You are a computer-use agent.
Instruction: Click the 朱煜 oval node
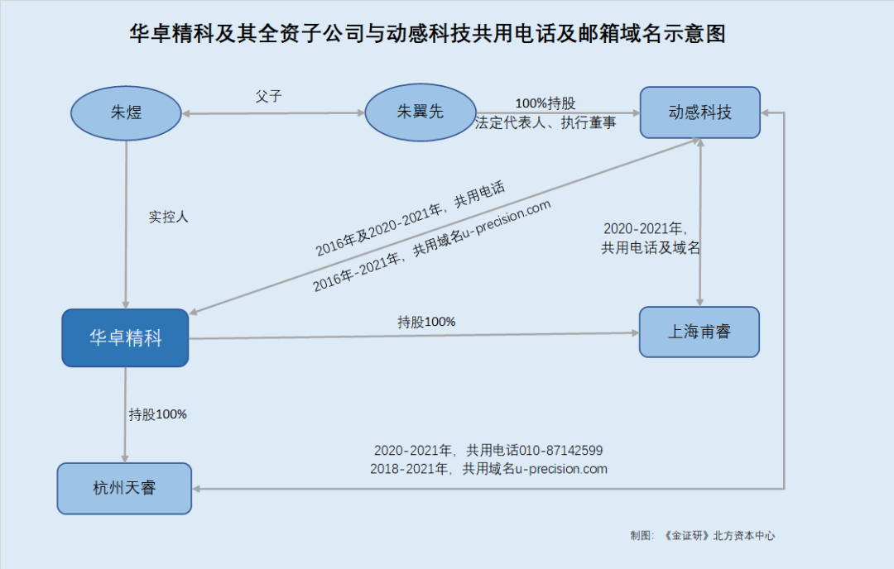pyautogui.click(x=126, y=112)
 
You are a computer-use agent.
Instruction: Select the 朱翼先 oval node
pyautogui.click(x=421, y=112)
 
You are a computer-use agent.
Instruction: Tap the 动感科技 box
pyautogui.click(x=700, y=112)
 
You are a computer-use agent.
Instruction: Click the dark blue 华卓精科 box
pyautogui.click(x=126, y=337)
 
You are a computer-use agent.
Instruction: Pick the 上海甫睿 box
pyautogui.click(x=699, y=332)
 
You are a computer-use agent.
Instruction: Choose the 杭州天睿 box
pyautogui.click(x=124, y=488)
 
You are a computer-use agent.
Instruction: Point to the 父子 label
pyautogui.click(x=268, y=96)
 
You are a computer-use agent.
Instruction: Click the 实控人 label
pyautogui.click(x=168, y=217)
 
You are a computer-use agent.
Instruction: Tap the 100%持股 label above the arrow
pyautogui.click(x=545, y=103)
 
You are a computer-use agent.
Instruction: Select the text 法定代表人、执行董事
pyautogui.click(x=546, y=123)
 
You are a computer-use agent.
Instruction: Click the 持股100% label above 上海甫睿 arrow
pyautogui.click(x=426, y=322)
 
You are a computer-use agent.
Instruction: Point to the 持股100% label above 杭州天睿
pyautogui.click(x=158, y=414)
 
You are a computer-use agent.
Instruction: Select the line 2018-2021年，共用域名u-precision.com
pyautogui.click(x=488, y=469)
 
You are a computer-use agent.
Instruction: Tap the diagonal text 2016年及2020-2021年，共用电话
pyautogui.click(x=410, y=218)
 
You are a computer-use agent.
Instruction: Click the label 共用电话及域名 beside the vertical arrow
pyautogui.click(x=651, y=248)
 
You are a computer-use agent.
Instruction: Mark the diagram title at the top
pyautogui.click(x=427, y=34)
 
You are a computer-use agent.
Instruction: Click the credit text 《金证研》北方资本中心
pyautogui.click(x=719, y=535)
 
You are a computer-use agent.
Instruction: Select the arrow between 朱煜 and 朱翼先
pyautogui.click(x=273, y=113)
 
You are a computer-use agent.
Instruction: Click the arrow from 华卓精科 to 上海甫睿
pyautogui.click(x=414, y=336)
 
